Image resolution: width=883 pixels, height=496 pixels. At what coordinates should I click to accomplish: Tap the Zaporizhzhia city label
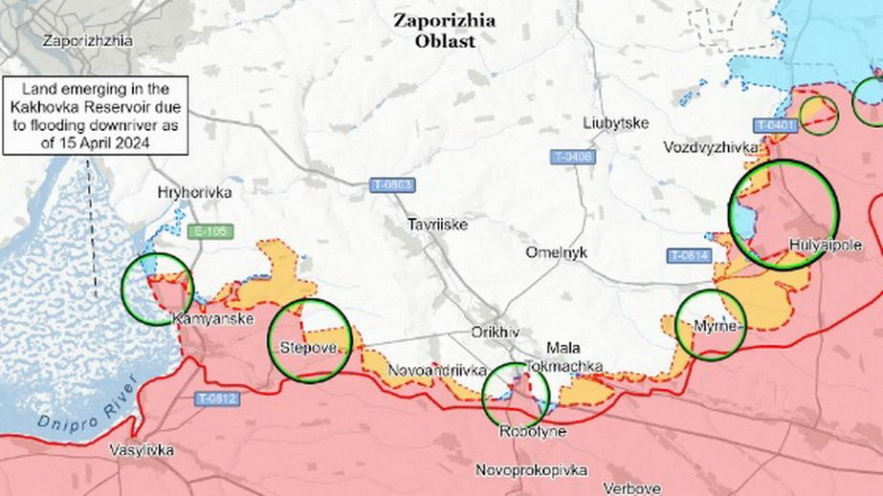coord(87,41)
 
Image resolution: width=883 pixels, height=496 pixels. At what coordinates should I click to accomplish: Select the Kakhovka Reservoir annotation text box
coord(93,115)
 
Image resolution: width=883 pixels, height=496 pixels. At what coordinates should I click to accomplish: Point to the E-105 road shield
coord(211,231)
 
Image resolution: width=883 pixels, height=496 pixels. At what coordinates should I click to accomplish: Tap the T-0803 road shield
coord(392,184)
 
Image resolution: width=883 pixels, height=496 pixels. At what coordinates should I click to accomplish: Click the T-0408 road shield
coord(572,157)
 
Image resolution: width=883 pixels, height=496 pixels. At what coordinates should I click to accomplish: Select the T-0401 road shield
coord(775,125)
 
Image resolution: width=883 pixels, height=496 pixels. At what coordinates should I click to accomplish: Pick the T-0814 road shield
coord(688,255)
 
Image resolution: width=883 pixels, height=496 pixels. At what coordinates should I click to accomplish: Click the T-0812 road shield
coord(217,398)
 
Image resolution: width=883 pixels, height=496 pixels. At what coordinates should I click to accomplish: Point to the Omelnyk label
coord(556,252)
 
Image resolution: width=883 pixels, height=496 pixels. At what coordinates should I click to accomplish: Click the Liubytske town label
coord(616,123)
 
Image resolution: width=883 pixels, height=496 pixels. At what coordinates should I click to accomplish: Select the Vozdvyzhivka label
coord(712,147)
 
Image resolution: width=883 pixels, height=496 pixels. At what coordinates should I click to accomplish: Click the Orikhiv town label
coord(495,332)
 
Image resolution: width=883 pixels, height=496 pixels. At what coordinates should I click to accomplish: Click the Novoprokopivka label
coord(532,470)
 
